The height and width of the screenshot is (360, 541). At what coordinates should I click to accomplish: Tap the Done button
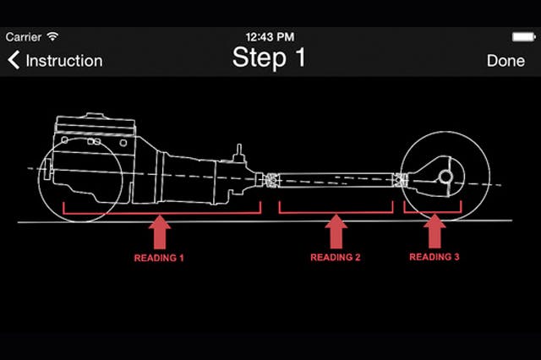point(505,61)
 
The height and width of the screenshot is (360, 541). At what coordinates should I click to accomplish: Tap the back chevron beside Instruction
point(14,61)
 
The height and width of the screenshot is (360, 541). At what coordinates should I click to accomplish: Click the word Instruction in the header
point(64,61)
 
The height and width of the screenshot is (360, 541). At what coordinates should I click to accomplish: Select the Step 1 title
point(269,57)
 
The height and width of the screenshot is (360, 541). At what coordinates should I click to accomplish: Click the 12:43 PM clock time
point(269,37)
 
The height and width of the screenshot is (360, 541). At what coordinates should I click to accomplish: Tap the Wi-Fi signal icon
point(53,37)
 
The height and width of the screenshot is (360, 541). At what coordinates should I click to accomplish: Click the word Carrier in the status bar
point(24,37)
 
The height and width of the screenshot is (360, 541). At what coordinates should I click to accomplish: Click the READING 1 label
point(159,257)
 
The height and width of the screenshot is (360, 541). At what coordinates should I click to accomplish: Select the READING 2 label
point(336,257)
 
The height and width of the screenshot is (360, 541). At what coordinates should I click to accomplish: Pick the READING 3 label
point(434,257)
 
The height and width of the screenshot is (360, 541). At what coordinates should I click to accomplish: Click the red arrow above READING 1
point(160,232)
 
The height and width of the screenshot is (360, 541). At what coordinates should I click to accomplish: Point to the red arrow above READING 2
point(336,232)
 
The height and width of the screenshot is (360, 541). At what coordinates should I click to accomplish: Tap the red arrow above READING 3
point(434,232)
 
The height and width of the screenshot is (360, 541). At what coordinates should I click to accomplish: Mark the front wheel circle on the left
point(80,182)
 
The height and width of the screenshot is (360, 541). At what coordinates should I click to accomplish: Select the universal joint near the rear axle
point(402,178)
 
